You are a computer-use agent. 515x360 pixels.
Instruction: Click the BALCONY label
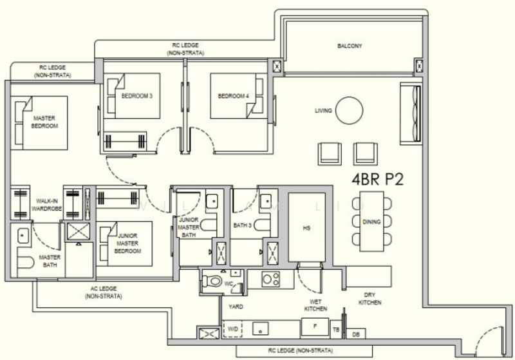pyautogui.click(x=350, y=46)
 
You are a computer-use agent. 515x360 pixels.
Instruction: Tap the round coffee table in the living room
pyautogui.click(x=349, y=110)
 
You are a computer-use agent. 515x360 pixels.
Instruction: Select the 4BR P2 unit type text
pyautogui.click(x=378, y=179)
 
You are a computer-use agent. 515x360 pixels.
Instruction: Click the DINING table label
pyautogui.click(x=371, y=222)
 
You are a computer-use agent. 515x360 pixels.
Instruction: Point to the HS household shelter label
pyautogui.click(x=306, y=228)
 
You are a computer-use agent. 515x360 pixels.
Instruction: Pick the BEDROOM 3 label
pyautogui.click(x=136, y=96)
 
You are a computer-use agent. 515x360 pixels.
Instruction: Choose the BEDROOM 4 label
pyautogui.click(x=233, y=96)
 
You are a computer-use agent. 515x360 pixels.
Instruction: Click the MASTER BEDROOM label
pyautogui.click(x=44, y=122)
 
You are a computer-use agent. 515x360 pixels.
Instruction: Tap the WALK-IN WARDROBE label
pyautogui.click(x=46, y=205)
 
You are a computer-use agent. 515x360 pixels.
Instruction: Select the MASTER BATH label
pyautogui.click(x=50, y=261)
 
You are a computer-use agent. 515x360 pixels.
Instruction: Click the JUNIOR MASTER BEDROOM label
pyautogui.click(x=127, y=243)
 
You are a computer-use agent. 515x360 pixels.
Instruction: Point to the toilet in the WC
pyautogui.click(x=212, y=281)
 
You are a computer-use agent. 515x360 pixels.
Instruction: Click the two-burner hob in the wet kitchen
pyautogui.click(x=270, y=279)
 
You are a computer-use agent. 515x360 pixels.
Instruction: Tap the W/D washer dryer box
pyautogui.click(x=232, y=329)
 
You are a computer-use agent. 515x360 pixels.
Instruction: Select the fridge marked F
pyautogui.click(x=315, y=327)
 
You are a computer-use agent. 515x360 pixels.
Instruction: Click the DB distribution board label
pyautogui.click(x=356, y=334)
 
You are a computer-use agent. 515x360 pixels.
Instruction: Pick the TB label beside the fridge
pyautogui.click(x=335, y=330)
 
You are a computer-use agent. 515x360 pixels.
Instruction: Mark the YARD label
pyautogui.click(x=236, y=307)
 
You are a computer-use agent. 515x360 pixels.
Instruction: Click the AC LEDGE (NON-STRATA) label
pyautogui.click(x=104, y=292)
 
